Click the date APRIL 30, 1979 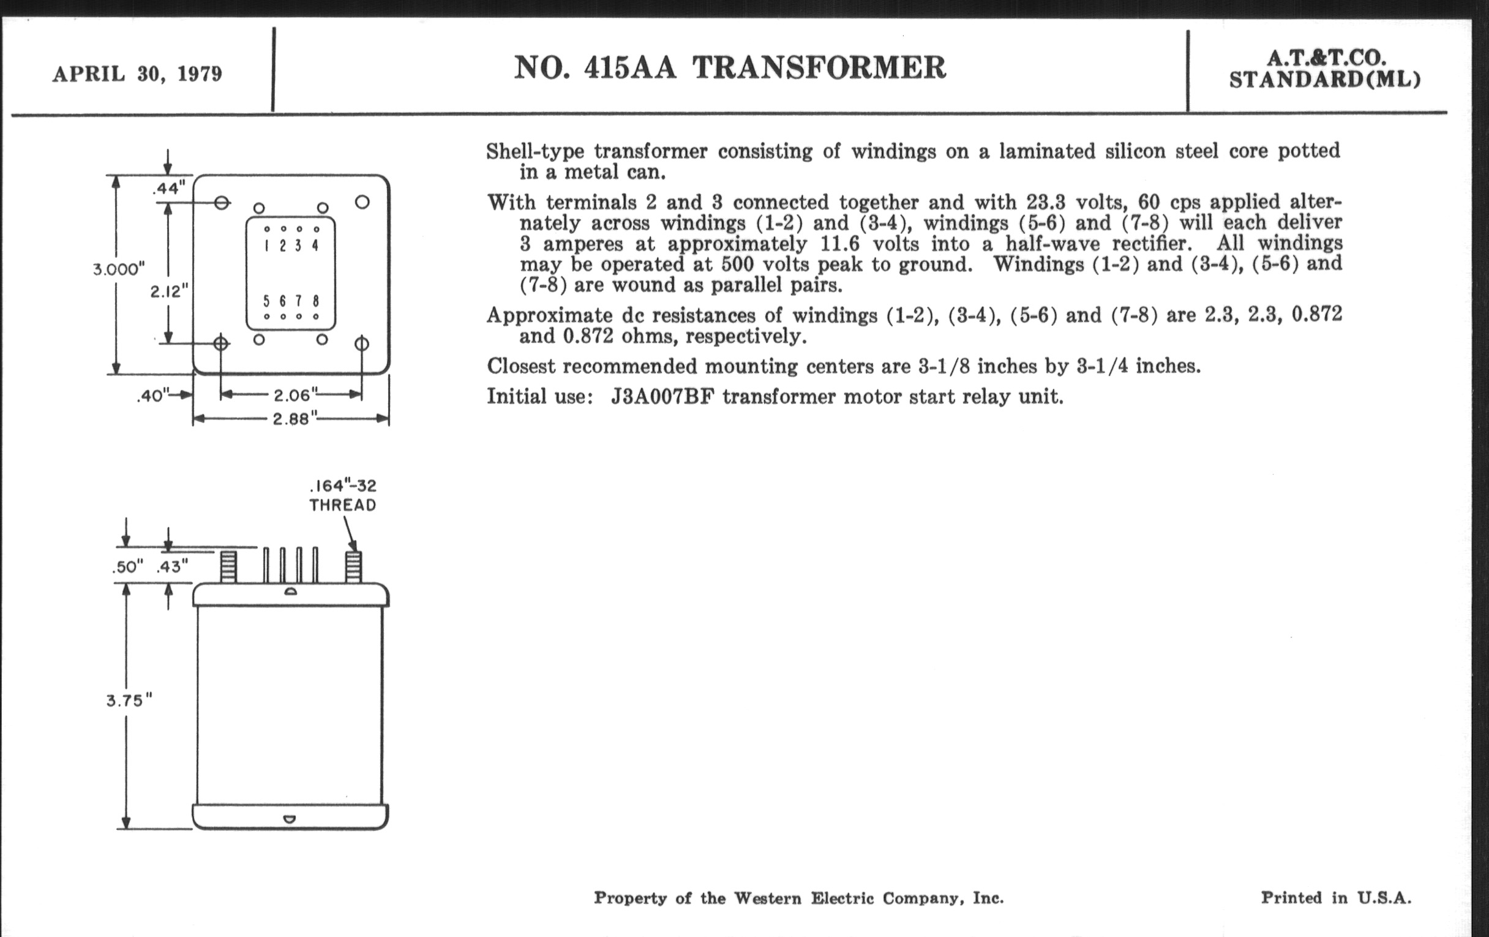[x=137, y=74]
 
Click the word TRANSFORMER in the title [x=819, y=67]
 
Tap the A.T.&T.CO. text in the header [x=1326, y=58]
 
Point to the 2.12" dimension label [x=169, y=291]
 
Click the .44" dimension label [x=169, y=188]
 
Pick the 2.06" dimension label [x=296, y=394]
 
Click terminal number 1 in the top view [x=266, y=246]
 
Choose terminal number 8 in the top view [x=316, y=301]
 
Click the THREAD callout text [x=343, y=505]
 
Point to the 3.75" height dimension [x=129, y=701]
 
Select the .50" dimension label [x=128, y=566]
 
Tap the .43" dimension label [x=173, y=566]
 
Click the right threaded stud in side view [x=353, y=567]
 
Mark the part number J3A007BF [x=662, y=396]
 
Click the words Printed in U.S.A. [x=1336, y=897]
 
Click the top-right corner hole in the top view [x=362, y=202]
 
